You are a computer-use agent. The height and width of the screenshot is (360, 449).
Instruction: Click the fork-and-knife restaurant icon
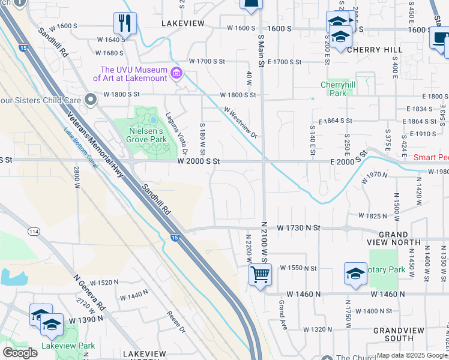125,23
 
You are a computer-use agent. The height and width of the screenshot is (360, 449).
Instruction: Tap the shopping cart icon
260,275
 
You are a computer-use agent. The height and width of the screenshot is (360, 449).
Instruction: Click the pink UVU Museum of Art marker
176,74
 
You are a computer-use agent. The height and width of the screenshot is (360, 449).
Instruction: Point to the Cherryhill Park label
338,89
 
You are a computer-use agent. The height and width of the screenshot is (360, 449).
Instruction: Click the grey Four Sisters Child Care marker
90,99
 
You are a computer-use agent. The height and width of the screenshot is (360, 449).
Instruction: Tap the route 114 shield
34,231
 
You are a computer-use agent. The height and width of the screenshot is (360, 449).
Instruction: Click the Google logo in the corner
20,352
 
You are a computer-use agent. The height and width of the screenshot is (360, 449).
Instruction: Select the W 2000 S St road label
199,162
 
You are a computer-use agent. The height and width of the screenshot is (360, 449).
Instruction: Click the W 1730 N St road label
299,229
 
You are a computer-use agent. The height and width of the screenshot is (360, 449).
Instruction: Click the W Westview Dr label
241,122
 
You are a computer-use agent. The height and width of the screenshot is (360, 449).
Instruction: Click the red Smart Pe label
431,158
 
